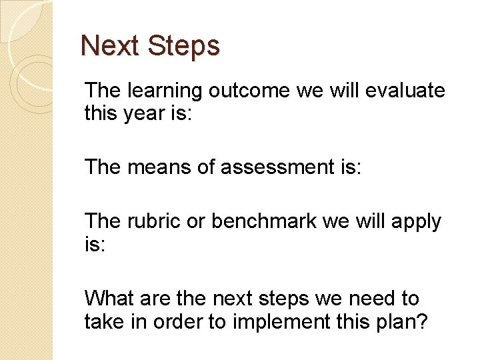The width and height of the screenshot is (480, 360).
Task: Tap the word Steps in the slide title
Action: (183, 46)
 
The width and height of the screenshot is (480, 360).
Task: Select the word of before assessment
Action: (208, 167)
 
